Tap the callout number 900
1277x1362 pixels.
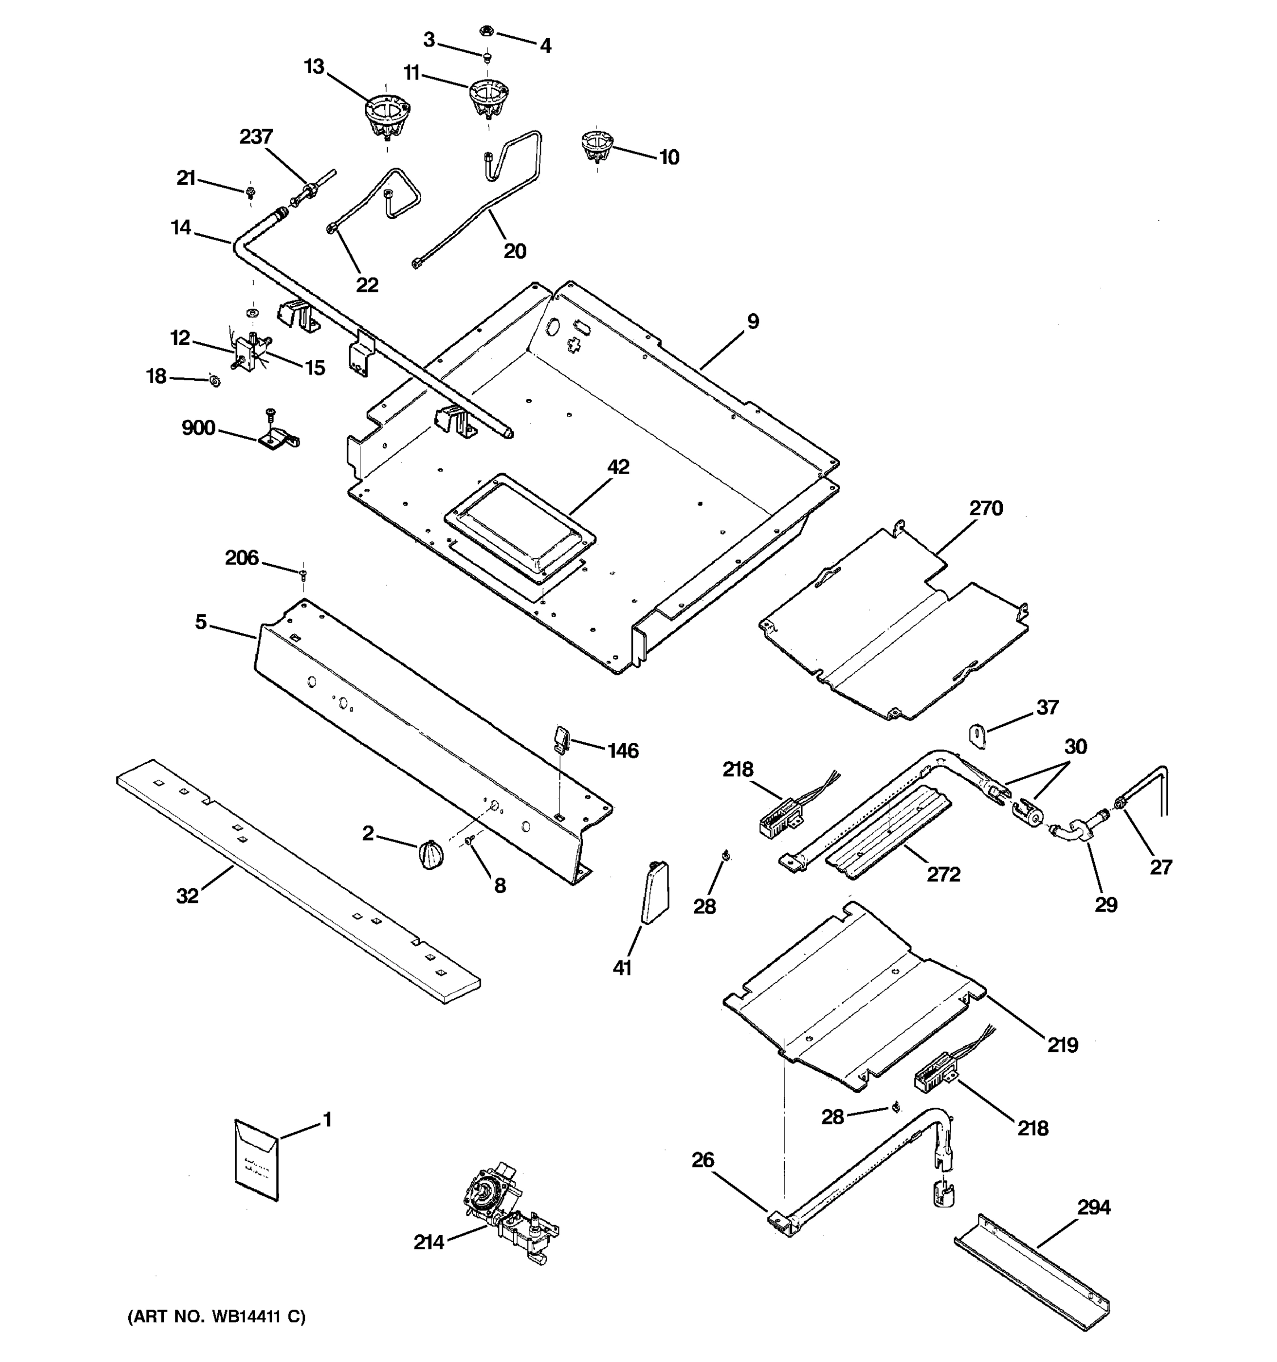198,428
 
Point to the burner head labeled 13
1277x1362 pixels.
386,117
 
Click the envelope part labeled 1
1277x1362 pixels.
256,1160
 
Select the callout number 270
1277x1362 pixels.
985,508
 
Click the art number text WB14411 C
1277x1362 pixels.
216,1316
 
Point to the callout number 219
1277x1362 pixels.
1062,1045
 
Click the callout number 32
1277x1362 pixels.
187,895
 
